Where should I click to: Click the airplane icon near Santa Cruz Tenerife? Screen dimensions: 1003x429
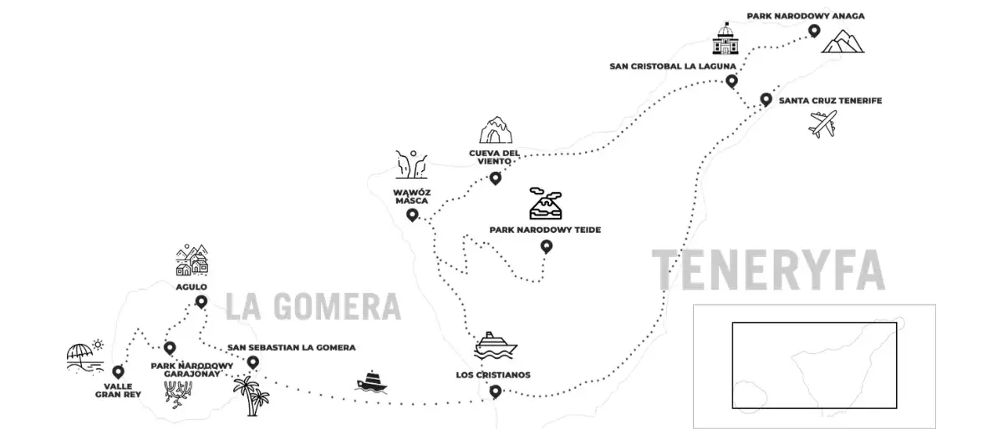(x=822, y=124)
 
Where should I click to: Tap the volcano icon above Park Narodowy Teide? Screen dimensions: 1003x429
(x=545, y=204)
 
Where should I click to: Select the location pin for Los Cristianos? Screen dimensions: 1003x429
(x=495, y=392)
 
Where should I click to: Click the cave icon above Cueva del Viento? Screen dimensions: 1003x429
(x=496, y=130)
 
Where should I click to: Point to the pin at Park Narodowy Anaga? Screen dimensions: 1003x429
(x=814, y=31)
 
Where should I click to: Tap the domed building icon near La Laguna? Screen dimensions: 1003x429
(x=726, y=38)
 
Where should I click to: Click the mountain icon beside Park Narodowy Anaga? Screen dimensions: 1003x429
(x=843, y=41)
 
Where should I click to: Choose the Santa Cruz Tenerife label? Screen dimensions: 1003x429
(x=830, y=101)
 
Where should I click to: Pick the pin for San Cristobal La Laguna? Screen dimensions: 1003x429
(x=731, y=81)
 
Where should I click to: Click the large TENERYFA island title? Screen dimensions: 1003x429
(x=768, y=270)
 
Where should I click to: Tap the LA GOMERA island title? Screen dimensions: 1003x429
(x=313, y=306)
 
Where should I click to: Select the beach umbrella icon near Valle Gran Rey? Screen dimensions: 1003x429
(x=85, y=356)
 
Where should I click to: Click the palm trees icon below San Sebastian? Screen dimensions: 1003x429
(x=252, y=396)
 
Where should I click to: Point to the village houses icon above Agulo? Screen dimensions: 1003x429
(x=192, y=260)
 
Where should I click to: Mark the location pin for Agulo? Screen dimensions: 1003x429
(x=201, y=302)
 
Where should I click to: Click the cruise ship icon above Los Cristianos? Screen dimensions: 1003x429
(x=495, y=346)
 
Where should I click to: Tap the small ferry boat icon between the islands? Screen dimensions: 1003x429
(x=371, y=381)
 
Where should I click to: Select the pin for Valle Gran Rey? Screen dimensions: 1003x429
(x=118, y=371)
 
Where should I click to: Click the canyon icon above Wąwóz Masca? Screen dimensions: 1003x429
(x=411, y=164)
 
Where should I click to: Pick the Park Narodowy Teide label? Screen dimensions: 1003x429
(x=545, y=230)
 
